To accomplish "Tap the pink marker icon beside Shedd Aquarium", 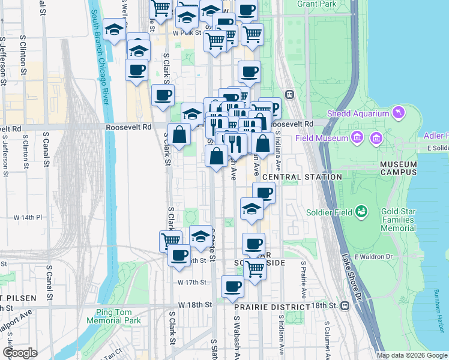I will point(397,112).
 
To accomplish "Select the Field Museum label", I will point(322,138).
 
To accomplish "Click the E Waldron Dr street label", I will point(373,257).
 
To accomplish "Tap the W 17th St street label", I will point(192,282).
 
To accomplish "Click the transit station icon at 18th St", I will point(345,305).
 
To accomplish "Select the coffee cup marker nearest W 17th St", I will point(232,286).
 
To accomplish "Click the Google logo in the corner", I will point(20,353).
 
